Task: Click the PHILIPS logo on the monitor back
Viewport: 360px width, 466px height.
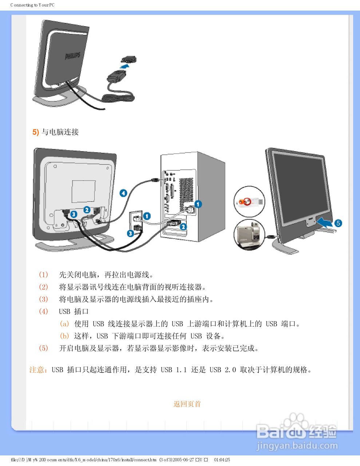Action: [72, 56]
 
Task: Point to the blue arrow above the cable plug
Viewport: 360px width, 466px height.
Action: [125, 67]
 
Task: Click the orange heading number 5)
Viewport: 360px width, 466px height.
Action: [36, 132]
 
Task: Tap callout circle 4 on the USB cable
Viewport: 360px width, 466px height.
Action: [123, 193]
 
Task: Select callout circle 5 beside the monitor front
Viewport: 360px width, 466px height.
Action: [338, 223]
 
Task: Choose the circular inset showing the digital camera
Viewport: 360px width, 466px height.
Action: [249, 234]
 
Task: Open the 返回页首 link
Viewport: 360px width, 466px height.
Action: [187, 404]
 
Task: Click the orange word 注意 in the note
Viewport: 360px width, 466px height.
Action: [37, 370]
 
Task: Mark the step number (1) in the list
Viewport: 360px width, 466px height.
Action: [43, 275]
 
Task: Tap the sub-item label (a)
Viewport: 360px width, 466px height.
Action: [64, 324]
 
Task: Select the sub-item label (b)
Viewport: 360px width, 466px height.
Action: [64, 336]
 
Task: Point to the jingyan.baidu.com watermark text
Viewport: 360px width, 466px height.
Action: [297, 446]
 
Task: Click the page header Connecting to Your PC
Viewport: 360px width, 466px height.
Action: [32, 5]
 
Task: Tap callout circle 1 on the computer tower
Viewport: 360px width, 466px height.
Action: [198, 204]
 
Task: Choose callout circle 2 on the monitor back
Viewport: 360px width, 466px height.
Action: [87, 210]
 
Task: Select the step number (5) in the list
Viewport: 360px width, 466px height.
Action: [43, 348]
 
